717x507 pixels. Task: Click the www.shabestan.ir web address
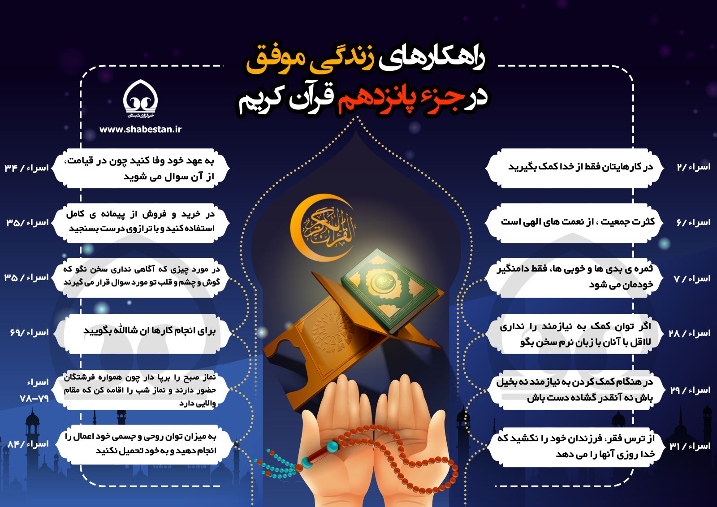(140, 130)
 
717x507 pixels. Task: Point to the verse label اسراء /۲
(693, 167)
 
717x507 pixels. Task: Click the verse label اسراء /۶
(693, 222)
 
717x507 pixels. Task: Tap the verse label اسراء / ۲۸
(690, 334)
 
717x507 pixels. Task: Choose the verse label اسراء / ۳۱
(690, 446)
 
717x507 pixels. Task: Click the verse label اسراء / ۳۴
(26, 168)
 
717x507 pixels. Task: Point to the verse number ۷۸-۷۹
(34, 399)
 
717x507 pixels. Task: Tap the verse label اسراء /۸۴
(28, 444)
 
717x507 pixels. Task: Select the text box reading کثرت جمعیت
(574, 223)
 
